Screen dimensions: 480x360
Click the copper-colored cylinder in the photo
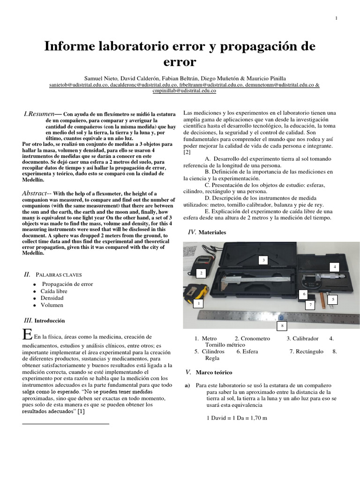(x=323, y=298)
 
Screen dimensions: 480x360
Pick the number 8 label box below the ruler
(x=282, y=325)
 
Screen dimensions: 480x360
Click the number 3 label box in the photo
(x=263, y=260)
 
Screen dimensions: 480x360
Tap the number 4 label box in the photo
(x=335, y=267)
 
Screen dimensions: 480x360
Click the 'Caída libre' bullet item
(x=54, y=291)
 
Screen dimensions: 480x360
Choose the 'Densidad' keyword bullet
(x=52, y=298)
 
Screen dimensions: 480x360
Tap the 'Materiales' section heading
(x=212, y=232)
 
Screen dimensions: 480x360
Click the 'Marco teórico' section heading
(x=214, y=372)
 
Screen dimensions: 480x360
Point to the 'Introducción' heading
(x=49, y=321)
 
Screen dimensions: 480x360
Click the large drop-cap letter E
(x=27, y=335)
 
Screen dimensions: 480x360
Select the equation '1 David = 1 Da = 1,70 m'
(x=237, y=418)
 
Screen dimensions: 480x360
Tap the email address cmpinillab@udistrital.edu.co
(x=184, y=91)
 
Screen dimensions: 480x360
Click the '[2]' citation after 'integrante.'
(x=187, y=152)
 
